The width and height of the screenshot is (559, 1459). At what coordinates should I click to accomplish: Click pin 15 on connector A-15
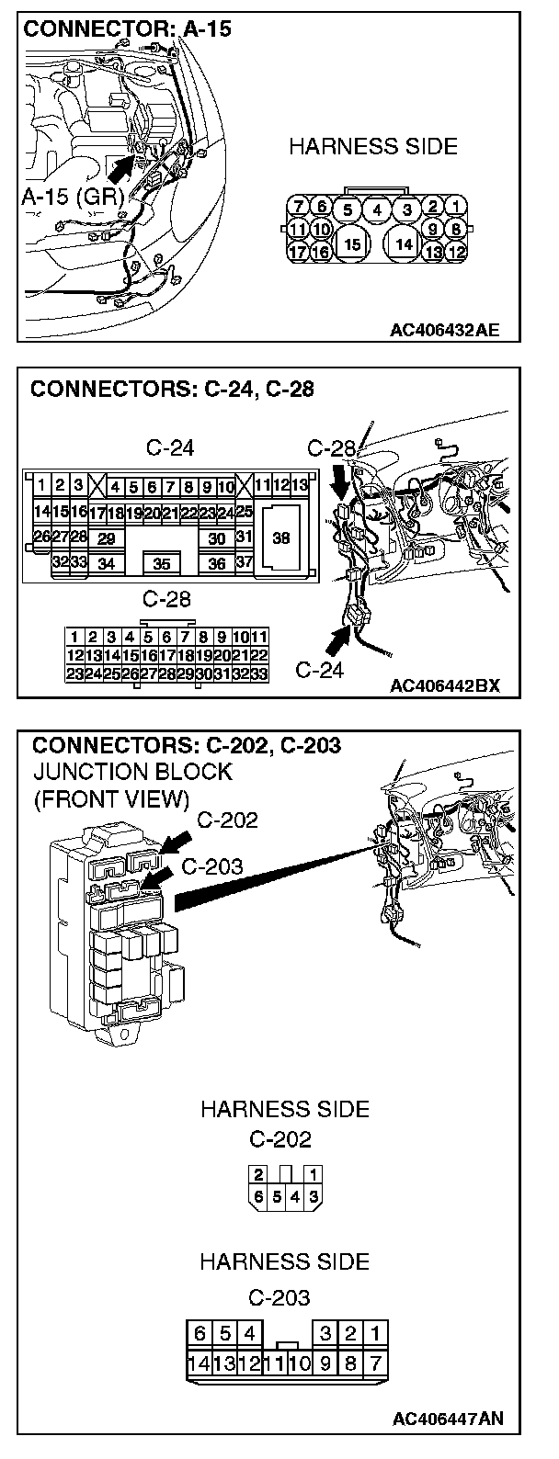[x=350, y=244]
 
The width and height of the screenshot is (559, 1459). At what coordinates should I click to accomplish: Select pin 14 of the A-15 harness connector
[x=402, y=244]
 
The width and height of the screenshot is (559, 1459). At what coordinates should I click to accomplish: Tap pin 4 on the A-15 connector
[x=377, y=209]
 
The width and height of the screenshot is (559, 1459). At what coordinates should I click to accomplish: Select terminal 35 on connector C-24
[x=162, y=562]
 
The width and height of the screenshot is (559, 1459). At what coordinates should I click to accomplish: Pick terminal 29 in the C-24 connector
[x=107, y=538]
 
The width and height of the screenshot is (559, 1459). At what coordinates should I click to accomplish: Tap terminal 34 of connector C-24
[x=107, y=563]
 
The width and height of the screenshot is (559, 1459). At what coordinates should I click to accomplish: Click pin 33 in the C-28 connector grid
[x=258, y=673]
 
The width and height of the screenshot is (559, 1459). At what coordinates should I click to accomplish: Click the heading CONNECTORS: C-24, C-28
[x=172, y=389]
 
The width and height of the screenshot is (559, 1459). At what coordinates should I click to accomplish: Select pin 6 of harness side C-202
[x=258, y=1196]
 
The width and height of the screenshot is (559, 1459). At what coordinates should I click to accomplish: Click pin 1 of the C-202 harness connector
[x=314, y=1174]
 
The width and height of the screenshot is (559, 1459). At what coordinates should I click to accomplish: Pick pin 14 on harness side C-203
[x=196, y=1363]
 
